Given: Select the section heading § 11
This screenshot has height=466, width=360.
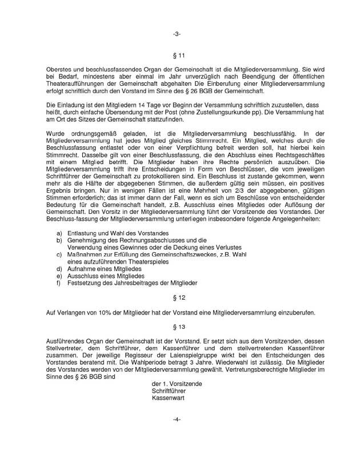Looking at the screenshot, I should (179, 55).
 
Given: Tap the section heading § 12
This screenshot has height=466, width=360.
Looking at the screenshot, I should (179, 298).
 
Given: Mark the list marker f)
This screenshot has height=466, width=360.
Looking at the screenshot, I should (59, 282).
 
